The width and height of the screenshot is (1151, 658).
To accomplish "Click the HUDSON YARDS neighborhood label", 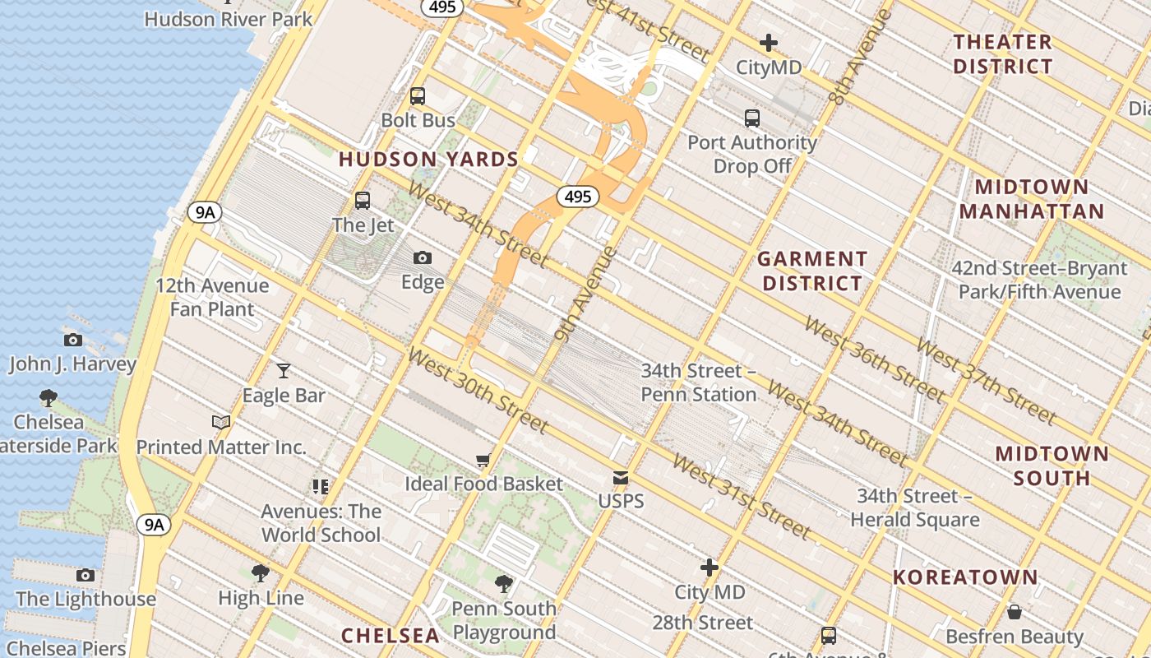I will [x=428, y=160].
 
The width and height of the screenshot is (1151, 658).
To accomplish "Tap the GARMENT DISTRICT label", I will [x=812, y=271].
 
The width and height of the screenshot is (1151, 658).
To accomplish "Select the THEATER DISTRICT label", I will [x=1002, y=54].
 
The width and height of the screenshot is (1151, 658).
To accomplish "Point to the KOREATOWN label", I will [x=965, y=577].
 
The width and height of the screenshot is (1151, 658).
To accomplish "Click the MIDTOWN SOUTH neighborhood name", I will [x=1052, y=466].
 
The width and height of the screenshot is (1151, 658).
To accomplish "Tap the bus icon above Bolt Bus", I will [x=418, y=96].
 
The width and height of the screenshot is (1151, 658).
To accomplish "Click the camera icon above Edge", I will [x=423, y=258].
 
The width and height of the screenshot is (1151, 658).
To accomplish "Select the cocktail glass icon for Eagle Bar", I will [x=284, y=371].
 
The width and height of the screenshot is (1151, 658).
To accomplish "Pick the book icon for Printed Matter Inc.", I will [x=220, y=423].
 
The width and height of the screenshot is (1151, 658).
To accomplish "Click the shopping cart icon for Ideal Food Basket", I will [x=483, y=461].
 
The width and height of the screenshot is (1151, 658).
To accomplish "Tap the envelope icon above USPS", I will [x=621, y=478].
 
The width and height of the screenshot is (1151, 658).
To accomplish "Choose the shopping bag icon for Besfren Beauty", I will [x=1014, y=613].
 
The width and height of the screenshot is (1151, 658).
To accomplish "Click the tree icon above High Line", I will [x=261, y=573].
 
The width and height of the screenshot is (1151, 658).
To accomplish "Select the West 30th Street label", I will [x=477, y=391].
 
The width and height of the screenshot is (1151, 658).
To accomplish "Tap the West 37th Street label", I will [x=986, y=381].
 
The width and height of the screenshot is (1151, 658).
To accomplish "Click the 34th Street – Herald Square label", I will [x=914, y=507].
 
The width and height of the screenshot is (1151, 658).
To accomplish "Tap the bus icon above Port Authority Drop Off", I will [x=751, y=118].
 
